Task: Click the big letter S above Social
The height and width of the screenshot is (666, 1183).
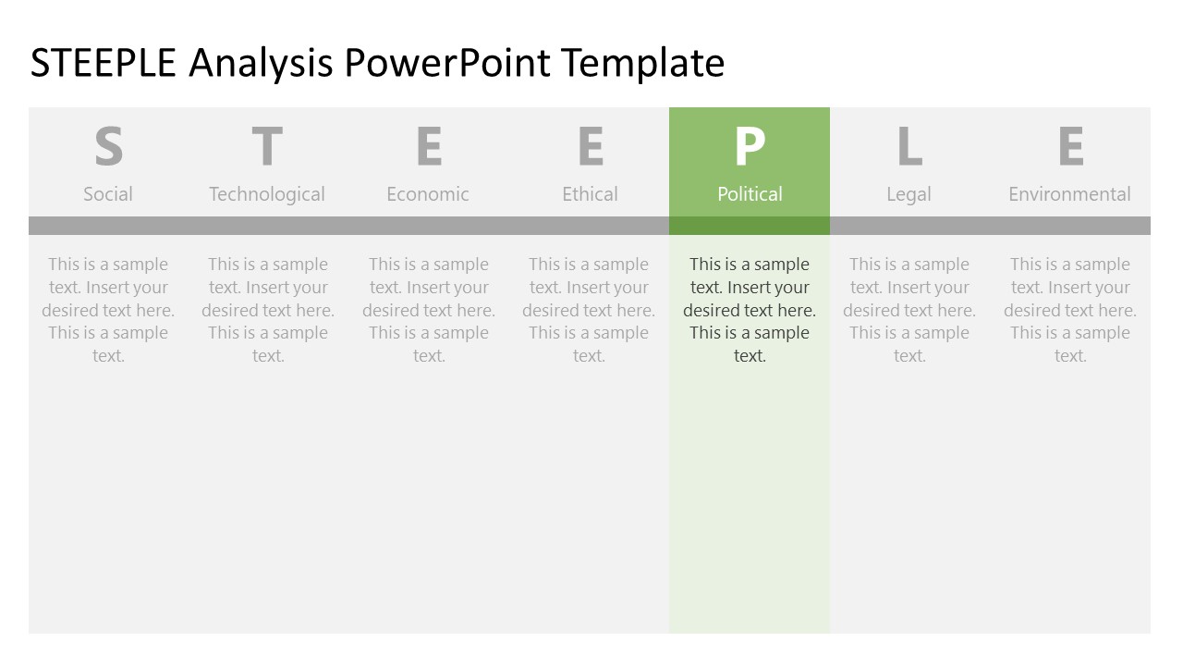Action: [108, 147]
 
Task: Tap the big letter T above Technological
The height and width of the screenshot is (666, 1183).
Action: [267, 147]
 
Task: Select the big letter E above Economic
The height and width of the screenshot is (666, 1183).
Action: [428, 147]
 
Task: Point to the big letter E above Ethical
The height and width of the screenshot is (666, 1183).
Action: [590, 147]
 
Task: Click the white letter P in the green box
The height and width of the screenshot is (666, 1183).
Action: [750, 147]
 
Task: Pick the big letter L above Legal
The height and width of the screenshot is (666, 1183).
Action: [909, 147]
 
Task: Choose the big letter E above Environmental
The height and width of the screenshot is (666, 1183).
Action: [1070, 147]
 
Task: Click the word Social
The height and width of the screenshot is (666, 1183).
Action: [108, 194]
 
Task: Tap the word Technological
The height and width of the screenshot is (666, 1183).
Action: [267, 194]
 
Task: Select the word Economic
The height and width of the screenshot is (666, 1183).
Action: [428, 194]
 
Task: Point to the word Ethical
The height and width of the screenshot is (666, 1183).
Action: [590, 194]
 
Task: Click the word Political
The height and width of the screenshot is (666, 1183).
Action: [750, 194]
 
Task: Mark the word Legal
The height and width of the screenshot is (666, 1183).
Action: [909, 194]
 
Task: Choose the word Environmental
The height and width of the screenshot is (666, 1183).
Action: [1069, 194]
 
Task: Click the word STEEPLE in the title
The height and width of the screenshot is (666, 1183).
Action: [104, 64]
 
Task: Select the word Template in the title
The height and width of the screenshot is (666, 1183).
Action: [643, 64]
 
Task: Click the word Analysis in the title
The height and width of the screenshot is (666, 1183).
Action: [261, 64]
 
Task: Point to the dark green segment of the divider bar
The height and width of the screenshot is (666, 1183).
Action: [750, 226]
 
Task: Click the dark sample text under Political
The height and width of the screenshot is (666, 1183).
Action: [750, 310]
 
